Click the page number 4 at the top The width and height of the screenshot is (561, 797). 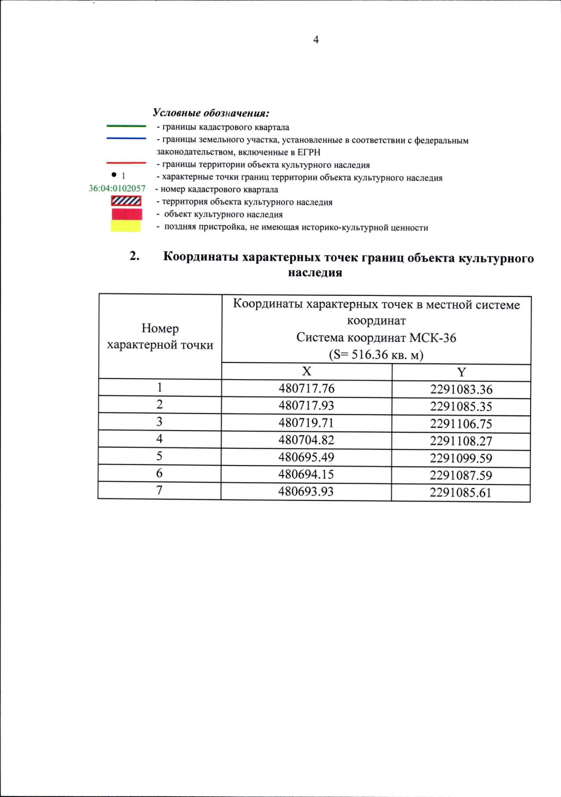click(x=316, y=40)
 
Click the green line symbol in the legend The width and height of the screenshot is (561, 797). click(x=126, y=126)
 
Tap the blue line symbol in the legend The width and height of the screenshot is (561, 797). click(x=126, y=138)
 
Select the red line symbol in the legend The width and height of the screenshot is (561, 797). click(x=126, y=163)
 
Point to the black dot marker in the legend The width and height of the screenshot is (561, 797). click(x=114, y=175)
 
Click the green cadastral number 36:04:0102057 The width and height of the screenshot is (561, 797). click(x=117, y=189)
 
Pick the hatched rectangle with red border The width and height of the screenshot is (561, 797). click(x=126, y=201)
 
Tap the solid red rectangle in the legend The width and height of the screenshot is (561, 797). click(x=126, y=214)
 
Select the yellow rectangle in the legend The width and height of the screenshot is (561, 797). click(x=125, y=226)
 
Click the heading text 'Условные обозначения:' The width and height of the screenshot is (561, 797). click(x=211, y=113)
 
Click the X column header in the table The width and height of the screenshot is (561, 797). click(x=306, y=371)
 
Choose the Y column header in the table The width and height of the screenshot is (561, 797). click(x=461, y=372)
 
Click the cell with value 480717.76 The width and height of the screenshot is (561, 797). click(x=306, y=388)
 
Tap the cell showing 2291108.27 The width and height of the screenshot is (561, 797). click(x=461, y=441)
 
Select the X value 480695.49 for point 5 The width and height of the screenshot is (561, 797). click(x=306, y=457)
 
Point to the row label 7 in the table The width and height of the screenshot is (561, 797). click(x=159, y=490)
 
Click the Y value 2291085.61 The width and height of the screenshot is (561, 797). click(x=461, y=493)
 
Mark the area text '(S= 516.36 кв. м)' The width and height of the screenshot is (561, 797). click(x=376, y=355)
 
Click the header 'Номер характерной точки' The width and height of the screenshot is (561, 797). click(x=160, y=337)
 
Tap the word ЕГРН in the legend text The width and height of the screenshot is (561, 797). click(x=309, y=152)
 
